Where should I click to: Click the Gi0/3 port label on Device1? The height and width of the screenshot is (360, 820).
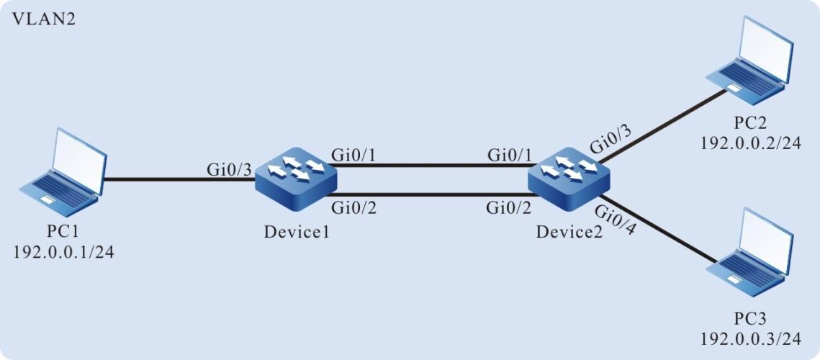pyautogui.click(x=229, y=171)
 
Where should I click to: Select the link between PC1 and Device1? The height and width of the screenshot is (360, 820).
pyautogui.click(x=180, y=179)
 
